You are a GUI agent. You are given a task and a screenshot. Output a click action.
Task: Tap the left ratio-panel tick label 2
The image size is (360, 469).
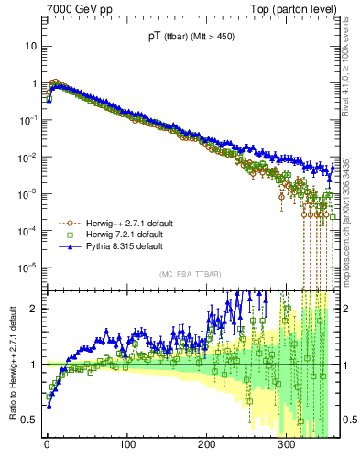tap(34, 309)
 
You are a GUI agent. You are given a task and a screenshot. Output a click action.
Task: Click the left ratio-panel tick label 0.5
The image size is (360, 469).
tap(29, 420)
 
